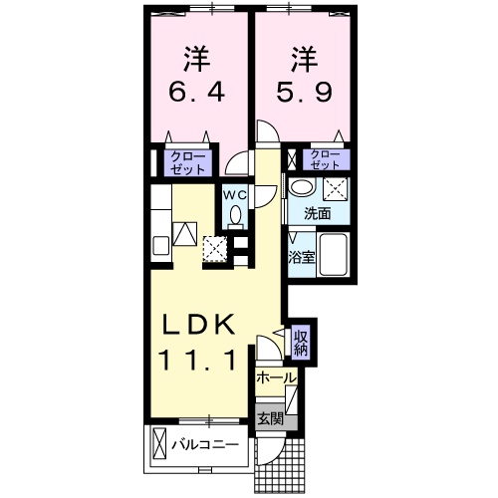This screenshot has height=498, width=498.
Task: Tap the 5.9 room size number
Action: coord(303,96)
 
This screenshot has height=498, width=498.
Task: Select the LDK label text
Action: coord(199,326)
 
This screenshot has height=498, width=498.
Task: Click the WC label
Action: coord(234,194)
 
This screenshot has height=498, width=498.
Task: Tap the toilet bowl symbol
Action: coord(236,214)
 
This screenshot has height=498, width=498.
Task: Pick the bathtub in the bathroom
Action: coord(335,258)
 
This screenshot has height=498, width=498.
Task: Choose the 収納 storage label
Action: coord(300,344)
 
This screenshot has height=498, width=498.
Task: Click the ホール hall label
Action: coord(275,379)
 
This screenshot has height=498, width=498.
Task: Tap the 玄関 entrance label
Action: coord(270,418)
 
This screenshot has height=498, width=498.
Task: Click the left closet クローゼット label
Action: coord(185,162)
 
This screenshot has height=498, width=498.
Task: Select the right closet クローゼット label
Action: coord(324,159)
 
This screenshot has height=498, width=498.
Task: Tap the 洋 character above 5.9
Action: coord(303,57)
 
